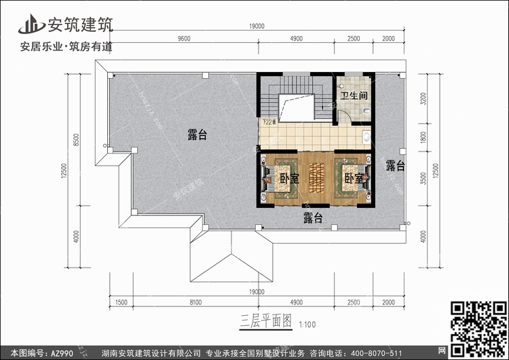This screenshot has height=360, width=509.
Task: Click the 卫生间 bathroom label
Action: pyautogui.click(x=354, y=96)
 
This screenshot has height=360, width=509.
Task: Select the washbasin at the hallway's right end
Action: pyautogui.click(x=367, y=137)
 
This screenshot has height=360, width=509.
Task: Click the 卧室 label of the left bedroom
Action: pyautogui.click(x=290, y=179)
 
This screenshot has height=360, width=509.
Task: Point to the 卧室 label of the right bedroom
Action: pyautogui.click(x=353, y=179)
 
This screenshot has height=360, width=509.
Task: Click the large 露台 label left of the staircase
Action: pyautogui.click(x=197, y=135)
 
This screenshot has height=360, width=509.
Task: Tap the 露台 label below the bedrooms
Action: pyautogui.click(x=313, y=217)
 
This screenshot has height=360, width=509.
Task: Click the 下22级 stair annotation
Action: pyautogui.click(x=268, y=122)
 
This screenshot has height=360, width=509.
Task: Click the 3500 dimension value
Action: pyautogui.click(x=423, y=178)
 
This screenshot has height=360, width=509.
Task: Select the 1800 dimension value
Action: pyautogui.click(x=423, y=139)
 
